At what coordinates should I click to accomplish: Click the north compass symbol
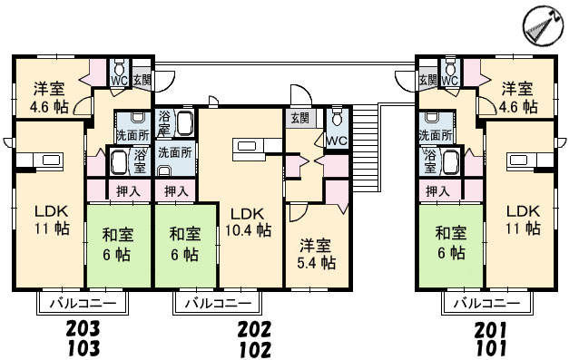click(x=543, y=25)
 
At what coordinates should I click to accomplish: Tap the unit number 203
click(x=83, y=329)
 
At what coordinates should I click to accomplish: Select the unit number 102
click(x=255, y=350)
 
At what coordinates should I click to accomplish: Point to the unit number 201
click(x=491, y=329)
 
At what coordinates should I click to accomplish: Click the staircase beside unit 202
click(x=365, y=148)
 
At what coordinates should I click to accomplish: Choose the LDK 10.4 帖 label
click(x=249, y=221)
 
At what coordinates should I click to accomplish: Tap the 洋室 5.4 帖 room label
click(x=316, y=254)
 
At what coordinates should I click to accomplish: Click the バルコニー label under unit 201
click(x=487, y=303)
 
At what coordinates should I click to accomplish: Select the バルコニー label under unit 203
click(x=83, y=303)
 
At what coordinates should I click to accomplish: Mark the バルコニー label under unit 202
click(x=218, y=303)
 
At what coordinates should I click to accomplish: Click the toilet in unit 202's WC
click(x=337, y=116)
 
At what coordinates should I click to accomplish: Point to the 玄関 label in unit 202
click(x=300, y=118)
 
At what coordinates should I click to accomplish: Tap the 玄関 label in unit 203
click(x=142, y=80)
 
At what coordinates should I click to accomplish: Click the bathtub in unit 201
click(x=451, y=161)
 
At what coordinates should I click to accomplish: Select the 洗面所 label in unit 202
click(x=175, y=152)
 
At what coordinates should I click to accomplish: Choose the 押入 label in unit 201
click(x=437, y=191)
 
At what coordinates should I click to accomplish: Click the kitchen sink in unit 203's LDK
click(x=49, y=160)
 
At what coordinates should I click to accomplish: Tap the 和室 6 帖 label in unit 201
click(x=451, y=242)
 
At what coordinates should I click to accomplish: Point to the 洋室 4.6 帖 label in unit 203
click(x=49, y=98)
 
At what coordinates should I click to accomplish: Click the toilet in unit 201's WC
click(x=450, y=67)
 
